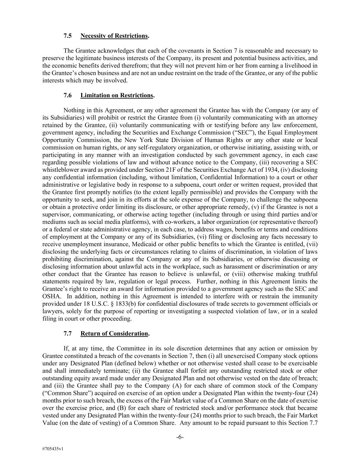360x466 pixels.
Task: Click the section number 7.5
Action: click(x=68, y=36)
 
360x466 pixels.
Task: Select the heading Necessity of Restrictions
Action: click(x=114, y=36)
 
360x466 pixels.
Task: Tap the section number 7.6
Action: click(x=68, y=95)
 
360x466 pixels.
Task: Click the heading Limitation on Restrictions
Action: click(x=117, y=95)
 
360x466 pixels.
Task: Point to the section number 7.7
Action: click(x=68, y=333)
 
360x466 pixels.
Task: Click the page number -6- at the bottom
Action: click(x=180, y=437)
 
